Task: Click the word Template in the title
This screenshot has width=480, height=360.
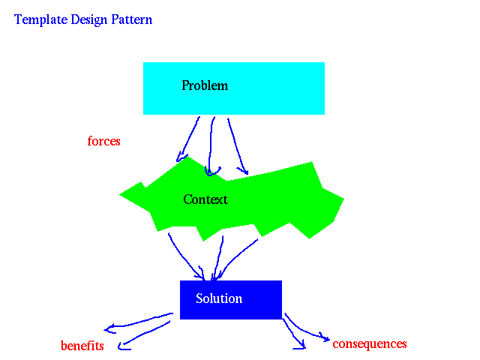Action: (40, 20)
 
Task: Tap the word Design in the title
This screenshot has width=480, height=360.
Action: (89, 20)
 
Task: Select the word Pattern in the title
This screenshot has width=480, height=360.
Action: (132, 19)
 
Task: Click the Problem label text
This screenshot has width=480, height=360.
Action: (205, 85)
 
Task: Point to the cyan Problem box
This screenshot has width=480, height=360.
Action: (234, 88)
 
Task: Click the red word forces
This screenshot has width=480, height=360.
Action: (103, 141)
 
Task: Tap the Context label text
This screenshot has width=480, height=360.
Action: (205, 199)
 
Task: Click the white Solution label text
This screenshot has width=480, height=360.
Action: (219, 298)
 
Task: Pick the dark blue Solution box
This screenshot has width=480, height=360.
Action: (231, 300)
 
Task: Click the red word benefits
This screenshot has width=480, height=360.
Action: (82, 346)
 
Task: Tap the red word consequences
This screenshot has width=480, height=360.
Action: (370, 344)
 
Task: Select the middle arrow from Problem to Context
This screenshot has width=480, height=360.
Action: (211, 144)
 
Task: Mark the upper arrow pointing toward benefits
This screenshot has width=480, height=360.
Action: (138, 322)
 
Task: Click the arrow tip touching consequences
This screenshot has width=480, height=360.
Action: (329, 339)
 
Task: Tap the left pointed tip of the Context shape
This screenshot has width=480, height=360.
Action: (120, 194)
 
